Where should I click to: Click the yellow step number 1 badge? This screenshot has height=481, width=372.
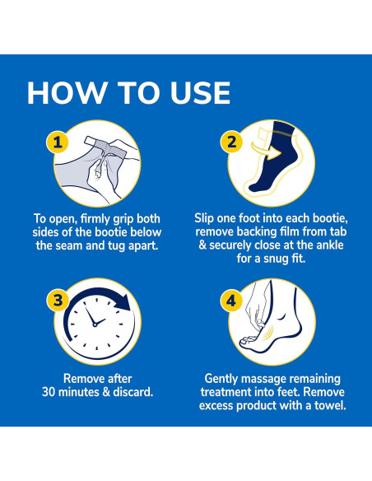tap(58, 142)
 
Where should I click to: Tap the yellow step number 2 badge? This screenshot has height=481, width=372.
tap(231, 142)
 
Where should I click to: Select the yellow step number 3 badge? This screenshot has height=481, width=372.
tap(58, 301)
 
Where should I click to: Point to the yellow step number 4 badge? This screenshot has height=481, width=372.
tap(231, 301)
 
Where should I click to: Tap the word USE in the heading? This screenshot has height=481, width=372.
tap(200, 93)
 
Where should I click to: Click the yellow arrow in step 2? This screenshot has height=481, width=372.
tap(267, 149)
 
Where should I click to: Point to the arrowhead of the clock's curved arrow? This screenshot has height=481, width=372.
tap(123, 302)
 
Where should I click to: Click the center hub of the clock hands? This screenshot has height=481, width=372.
tap(95, 325)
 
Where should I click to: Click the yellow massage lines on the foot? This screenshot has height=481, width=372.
tap(268, 331)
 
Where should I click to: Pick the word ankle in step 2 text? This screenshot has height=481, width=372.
tap(328, 245)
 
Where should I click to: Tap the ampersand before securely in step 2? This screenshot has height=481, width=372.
tap(202, 245)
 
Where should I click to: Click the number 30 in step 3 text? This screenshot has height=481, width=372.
tap(49, 392)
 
